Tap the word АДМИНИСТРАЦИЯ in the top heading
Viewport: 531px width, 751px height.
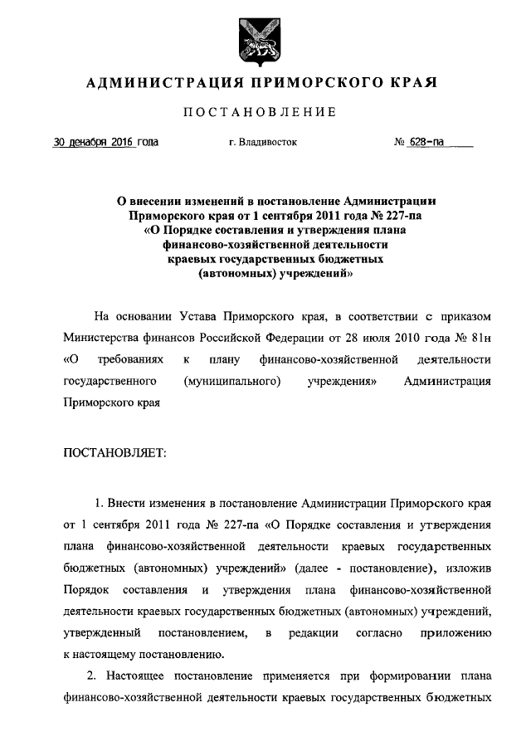(x=160, y=82)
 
